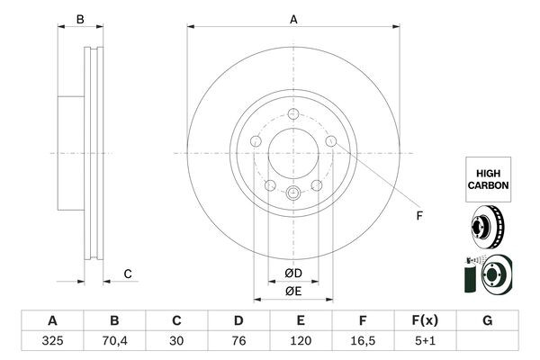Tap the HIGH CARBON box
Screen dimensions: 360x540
[488, 177]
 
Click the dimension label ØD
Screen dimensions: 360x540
[292, 273]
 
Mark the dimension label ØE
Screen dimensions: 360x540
[292, 291]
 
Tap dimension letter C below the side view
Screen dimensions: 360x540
[128, 274]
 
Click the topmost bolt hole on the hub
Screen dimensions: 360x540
[293, 113]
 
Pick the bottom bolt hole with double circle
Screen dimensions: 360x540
[293, 193]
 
